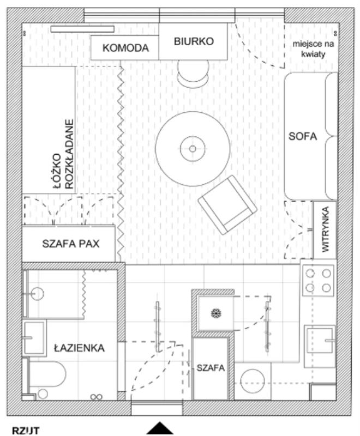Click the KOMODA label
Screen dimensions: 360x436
[x=125, y=48]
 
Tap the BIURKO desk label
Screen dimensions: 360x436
[x=194, y=41]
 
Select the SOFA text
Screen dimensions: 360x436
[x=302, y=136]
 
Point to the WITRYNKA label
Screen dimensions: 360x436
[x=325, y=229]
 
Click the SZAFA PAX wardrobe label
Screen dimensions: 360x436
[x=71, y=244]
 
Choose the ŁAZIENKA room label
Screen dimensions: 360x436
[x=79, y=348]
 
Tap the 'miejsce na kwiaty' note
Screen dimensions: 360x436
[x=313, y=49]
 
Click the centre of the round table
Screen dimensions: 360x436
[x=193, y=149]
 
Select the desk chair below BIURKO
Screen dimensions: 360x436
[x=193, y=74]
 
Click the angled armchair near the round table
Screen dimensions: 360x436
[x=227, y=205]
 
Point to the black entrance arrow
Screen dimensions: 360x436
[x=160, y=428]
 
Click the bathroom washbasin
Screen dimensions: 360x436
[x=34, y=338]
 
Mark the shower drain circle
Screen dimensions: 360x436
[x=37, y=294]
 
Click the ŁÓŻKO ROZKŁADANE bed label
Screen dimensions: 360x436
[x=64, y=155]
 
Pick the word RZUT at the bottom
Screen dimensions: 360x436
[x=26, y=431]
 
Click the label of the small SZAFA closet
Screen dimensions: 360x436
[x=211, y=368]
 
